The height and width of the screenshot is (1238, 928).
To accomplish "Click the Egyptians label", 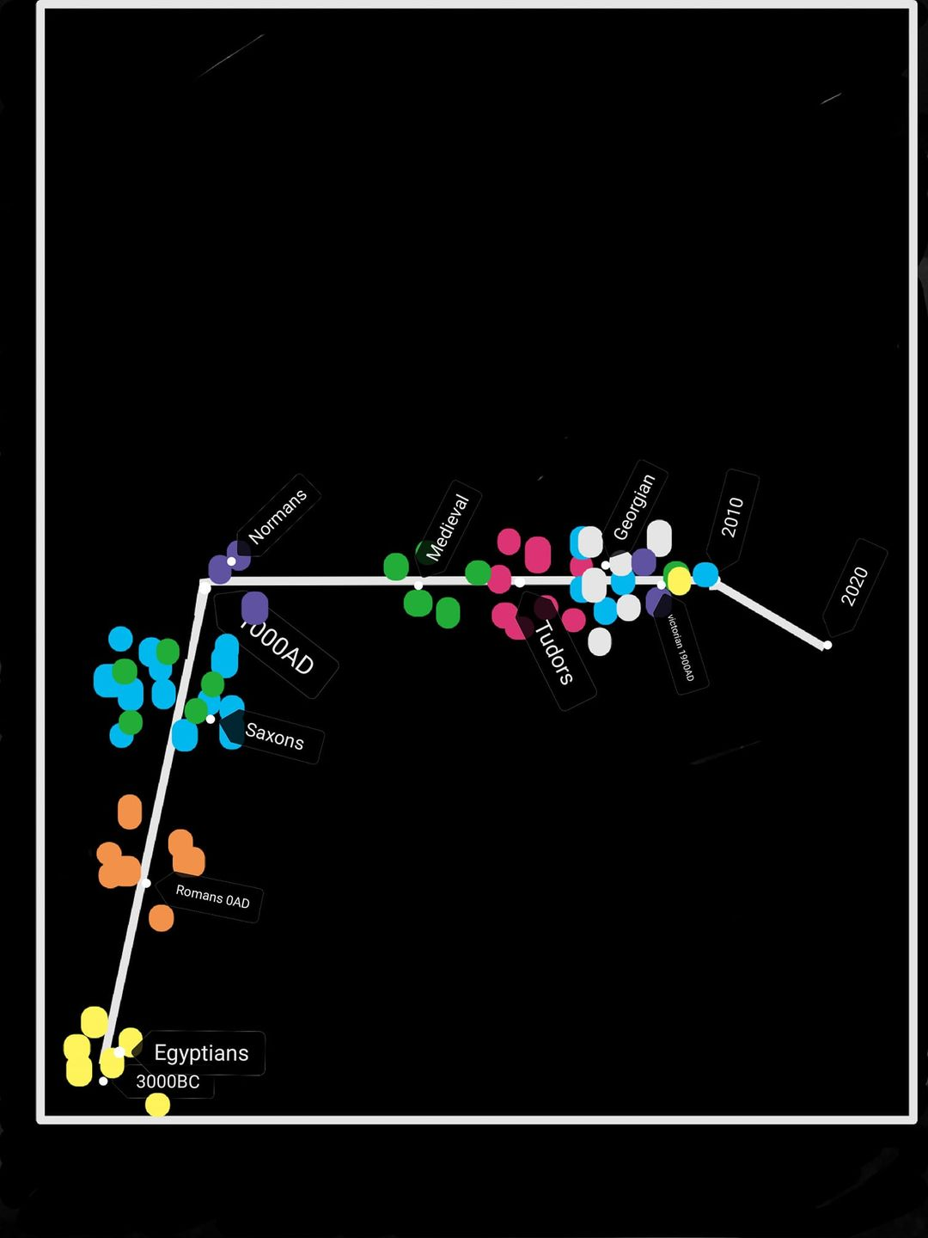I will click(x=201, y=1053).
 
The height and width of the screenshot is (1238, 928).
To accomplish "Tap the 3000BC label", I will click(x=168, y=1082).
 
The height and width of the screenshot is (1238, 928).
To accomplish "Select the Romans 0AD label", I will click(x=212, y=897).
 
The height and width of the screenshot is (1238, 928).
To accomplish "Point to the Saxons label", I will click(x=274, y=737).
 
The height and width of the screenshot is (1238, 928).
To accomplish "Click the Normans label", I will click(x=277, y=518).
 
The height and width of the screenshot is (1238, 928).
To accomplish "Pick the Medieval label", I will click(x=448, y=527).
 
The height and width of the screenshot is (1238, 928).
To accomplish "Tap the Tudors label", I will click(x=554, y=653).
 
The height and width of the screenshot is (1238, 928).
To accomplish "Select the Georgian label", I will click(x=634, y=507).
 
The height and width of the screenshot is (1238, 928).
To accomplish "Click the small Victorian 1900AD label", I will click(x=681, y=647).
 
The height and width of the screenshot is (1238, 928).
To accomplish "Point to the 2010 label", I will click(x=732, y=517).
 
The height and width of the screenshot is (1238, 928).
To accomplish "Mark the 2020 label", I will click(x=854, y=586).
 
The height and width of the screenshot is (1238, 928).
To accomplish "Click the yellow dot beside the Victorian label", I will click(x=679, y=581).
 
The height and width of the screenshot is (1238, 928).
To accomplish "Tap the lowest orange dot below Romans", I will click(x=161, y=918).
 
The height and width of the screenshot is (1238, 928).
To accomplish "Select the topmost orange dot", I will click(x=130, y=812).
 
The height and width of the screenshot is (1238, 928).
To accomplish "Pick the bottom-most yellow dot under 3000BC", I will click(x=157, y=1105).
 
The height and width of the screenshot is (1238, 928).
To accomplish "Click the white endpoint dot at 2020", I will click(x=827, y=645).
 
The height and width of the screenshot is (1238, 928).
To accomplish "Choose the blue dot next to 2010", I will click(x=705, y=574).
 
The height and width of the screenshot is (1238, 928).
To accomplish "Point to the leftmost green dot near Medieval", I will click(x=396, y=567).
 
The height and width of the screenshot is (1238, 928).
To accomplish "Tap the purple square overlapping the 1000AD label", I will click(x=254, y=607).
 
